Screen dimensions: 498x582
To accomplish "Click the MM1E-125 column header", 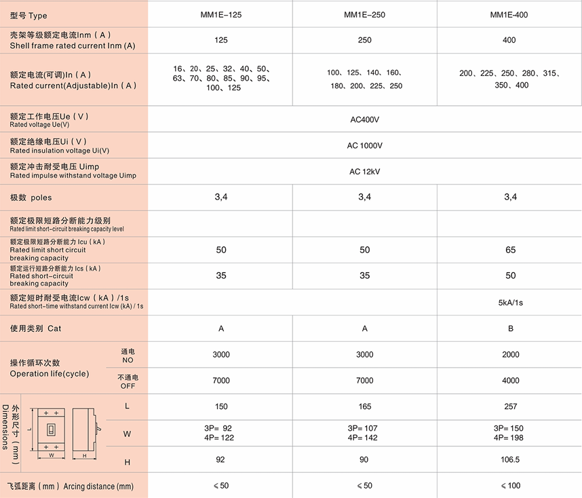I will click(220, 14).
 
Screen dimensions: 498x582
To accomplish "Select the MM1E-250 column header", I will click(365, 14).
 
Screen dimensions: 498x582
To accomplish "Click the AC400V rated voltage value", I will click(365, 120).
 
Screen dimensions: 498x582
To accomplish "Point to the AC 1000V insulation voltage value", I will click(365, 146).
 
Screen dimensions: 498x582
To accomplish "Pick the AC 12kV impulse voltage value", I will click(365, 172).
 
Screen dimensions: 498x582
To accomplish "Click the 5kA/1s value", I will click(511, 303).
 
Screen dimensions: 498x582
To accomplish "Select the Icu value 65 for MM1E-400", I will click(511, 250).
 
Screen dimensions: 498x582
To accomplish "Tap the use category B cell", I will click(511, 328).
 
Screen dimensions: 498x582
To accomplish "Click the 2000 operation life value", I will click(511, 354).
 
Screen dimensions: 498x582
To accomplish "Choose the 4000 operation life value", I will click(511, 381).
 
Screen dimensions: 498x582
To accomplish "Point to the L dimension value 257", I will click(511, 406).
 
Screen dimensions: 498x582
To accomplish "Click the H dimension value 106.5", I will click(511, 459).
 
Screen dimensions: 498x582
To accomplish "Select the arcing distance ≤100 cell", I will click(511, 486).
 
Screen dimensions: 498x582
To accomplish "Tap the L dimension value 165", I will click(365, 406).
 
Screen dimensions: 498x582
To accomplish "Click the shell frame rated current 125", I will click(220, 40).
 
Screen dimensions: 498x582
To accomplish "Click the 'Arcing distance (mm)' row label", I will click(98, 486).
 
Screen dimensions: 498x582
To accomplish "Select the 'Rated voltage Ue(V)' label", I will click(39, 125).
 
